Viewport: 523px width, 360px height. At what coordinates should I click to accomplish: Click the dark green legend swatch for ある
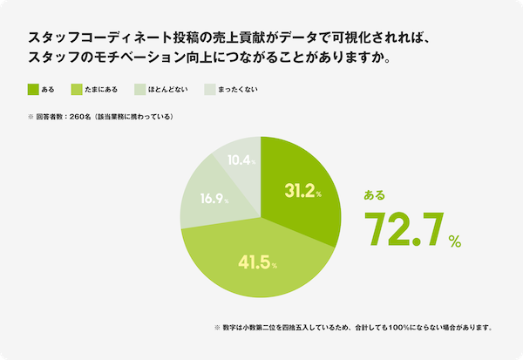coord(33,89)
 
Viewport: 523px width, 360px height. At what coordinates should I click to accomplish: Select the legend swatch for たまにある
coord(88,89)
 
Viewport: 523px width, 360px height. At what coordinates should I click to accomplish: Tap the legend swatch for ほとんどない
coord(142,89)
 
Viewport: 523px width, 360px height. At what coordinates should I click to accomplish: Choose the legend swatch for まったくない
coord(207,89)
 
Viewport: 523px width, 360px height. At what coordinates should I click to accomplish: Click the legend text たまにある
coord(112,89)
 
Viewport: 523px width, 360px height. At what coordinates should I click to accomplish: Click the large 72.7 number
coord(403,228)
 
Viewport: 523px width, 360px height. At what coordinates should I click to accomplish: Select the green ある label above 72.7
coord(374,195)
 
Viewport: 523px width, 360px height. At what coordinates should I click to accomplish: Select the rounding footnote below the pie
coord(353,328)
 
